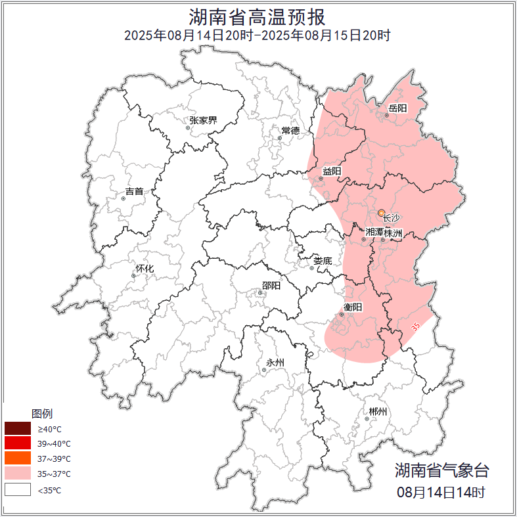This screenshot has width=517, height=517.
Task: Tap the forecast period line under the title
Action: click(x=258, y=35)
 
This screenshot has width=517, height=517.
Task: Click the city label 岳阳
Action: click(x=398, y=108)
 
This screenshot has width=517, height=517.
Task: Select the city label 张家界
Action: click(x=203, y=120)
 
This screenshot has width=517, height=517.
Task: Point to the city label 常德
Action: click(x=290, y=131)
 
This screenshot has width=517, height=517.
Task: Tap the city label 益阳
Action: click(x=332, y=171)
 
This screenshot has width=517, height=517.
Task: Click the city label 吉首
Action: click(x=134, y=192)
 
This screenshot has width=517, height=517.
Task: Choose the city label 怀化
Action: click(x=145, y=269)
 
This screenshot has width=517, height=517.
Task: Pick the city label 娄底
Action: click(x=323, y=261)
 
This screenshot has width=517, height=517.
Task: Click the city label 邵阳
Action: click(x=271, y=286)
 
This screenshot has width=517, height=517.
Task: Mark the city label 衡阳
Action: click(x=353, y=307)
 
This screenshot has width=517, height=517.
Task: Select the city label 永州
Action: click(x=275, y=363)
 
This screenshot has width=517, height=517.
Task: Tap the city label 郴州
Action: click(x=378, y=412)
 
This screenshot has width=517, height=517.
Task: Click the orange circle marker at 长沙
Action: click(x=382, y=213)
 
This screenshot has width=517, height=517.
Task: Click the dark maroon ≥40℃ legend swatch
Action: click(x=18, y=429)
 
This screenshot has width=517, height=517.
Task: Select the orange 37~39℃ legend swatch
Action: click(x=18, y=459)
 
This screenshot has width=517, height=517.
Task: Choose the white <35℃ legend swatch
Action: click(x=18, y=489)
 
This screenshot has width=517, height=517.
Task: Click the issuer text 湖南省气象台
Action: click(x=441, y=470)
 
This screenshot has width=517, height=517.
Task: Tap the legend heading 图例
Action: click(x=42, y=414)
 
